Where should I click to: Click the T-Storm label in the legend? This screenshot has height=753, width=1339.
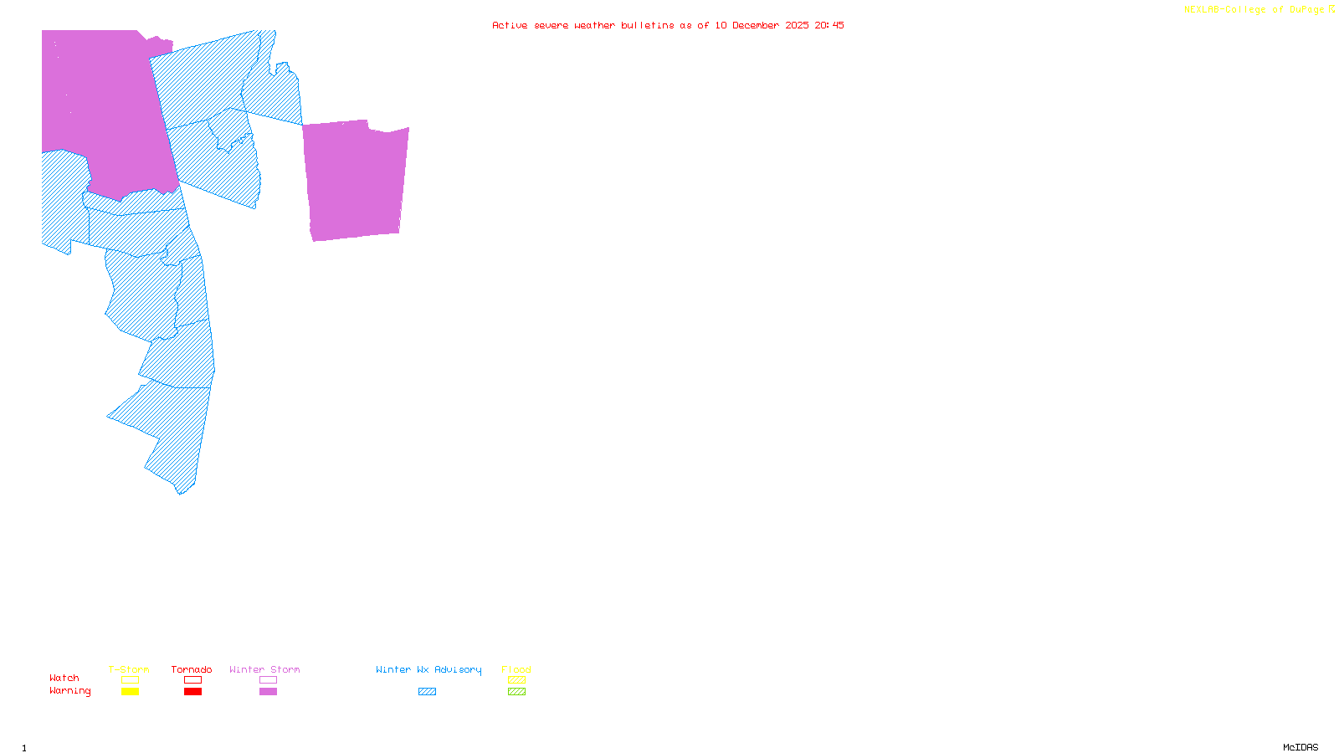pyautogui.click(x=129, y=669)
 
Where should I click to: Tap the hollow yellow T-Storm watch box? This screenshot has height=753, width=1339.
pyautogui.click(x=130, y=680)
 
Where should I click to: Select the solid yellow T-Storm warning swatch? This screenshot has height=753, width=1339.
pyautogui.click(x=130, y=692)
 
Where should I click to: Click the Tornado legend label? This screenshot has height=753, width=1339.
pyautogui.click(x=192, y=669)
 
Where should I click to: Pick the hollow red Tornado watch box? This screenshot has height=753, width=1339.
pyautogui.click(x=192, y=680)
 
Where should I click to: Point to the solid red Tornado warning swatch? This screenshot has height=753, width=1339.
pyautogui.click(x=192, y=692)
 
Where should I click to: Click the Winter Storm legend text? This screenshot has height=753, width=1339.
pyautogui.click(x=264, y=669)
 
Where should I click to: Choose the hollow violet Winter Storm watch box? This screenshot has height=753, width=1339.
pyautogui.click(x=268, y=680)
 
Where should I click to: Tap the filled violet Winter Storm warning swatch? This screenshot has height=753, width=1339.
pyautogui.click(x=268, y=692)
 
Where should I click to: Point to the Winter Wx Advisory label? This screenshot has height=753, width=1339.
pyautogui.click(x=428, y=669)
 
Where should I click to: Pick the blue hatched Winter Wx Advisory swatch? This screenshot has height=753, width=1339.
pyautogui.click(x=427, y=692)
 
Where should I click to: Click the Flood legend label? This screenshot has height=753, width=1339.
pyautogui.click(x=516, y=669)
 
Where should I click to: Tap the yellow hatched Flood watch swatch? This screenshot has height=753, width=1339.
pyautogui.click(x=516, y=680)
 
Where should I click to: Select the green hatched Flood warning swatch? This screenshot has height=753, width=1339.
pyautogui.click(x=516, y=692)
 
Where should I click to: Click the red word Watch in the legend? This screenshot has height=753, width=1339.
pyautogui.click(x=64, y=678)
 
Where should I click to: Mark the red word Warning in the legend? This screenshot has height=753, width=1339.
pyautogui.click(x=69, y=691)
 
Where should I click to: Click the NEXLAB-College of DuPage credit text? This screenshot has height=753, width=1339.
pyautogui.click(x=1254, y=10)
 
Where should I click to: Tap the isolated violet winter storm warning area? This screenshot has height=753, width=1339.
pyautogui.click(x=356, y=180)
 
